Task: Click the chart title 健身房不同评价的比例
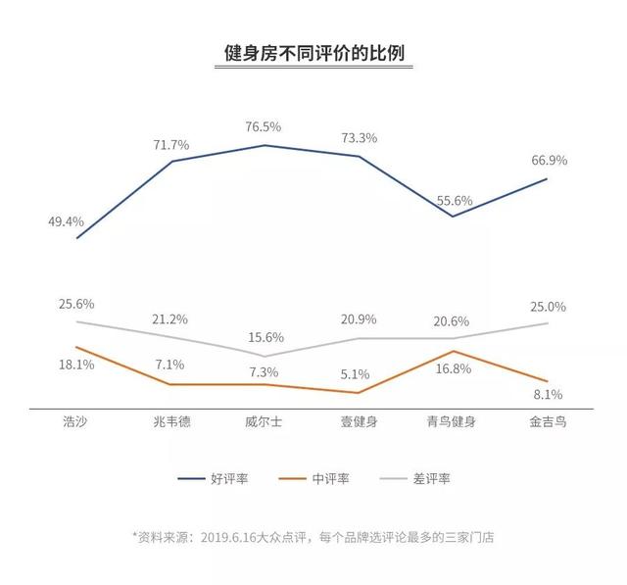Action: tap(313, 52)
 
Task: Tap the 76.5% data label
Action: tap(265, 126)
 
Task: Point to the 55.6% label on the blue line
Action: tap(454, 200)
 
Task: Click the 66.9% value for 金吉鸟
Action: tap(548, 160)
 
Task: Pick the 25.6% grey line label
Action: tap(75, 304)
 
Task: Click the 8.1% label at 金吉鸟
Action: tap(548, 395)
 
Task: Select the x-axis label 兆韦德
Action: tap(170, 422)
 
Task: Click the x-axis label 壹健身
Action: tap(359, 422)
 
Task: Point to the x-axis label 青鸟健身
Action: tap(453, 422)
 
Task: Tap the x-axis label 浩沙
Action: tap(76, 422)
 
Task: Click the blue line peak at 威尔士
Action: tap(265, 145)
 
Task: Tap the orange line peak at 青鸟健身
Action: tap(454, 351)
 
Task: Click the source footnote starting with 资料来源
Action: tap(313, 536)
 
